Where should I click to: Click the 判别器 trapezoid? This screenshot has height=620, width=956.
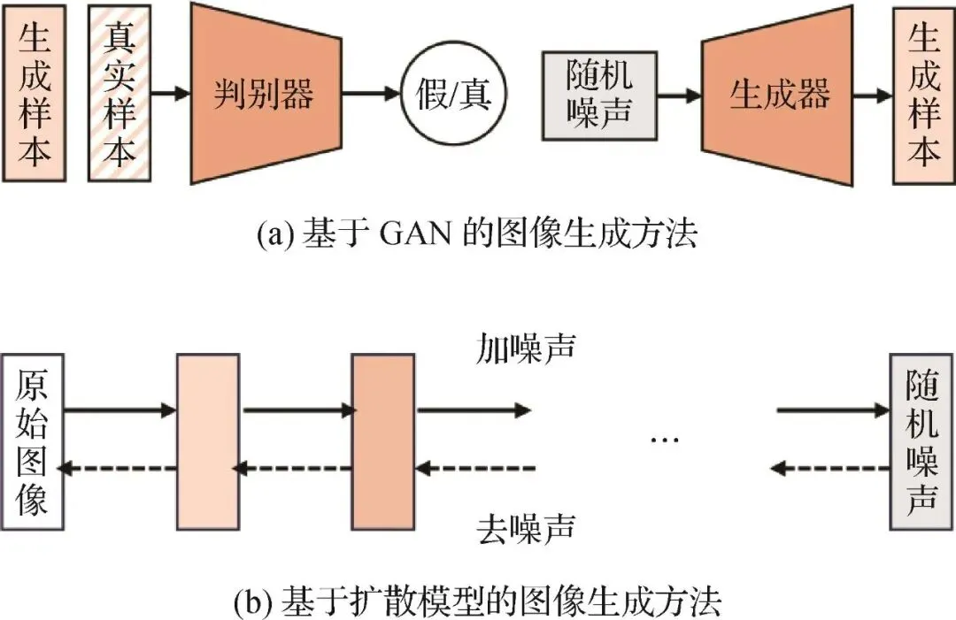pos(266,93)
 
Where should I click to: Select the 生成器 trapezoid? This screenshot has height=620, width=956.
pos(777,95)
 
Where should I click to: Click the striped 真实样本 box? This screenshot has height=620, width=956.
pos(119,93)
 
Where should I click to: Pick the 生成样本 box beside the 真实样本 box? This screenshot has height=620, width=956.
pos(35,93)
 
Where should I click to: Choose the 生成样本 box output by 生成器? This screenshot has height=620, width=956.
pos(923,96)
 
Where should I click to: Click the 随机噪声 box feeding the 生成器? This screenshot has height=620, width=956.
pos(599,96)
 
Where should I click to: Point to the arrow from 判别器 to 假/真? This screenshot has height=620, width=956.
pos(371,93)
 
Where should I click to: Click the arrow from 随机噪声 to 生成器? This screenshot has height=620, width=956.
pos(680,96)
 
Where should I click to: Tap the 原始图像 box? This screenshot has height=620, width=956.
pos(33,441)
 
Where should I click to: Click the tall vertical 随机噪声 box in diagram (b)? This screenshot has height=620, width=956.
pos(921,441)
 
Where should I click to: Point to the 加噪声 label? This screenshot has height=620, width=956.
pos(526,348)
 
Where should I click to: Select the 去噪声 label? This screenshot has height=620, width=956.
pos(526,528)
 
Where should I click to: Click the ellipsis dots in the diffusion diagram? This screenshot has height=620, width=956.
pos(665,439)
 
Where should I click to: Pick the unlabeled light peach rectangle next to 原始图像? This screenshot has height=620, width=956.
pos(208,441)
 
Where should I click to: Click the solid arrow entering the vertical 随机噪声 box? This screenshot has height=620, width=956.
pos(833,410)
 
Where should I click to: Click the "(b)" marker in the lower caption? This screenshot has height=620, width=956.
pos(252,601)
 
